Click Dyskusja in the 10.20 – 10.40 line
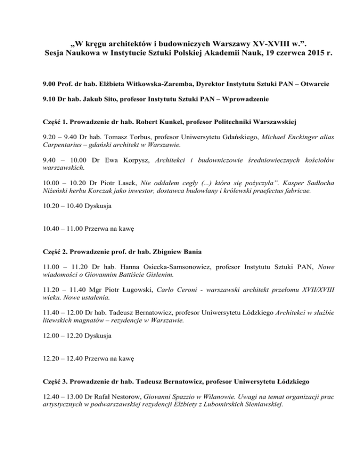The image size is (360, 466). point(97,205)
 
